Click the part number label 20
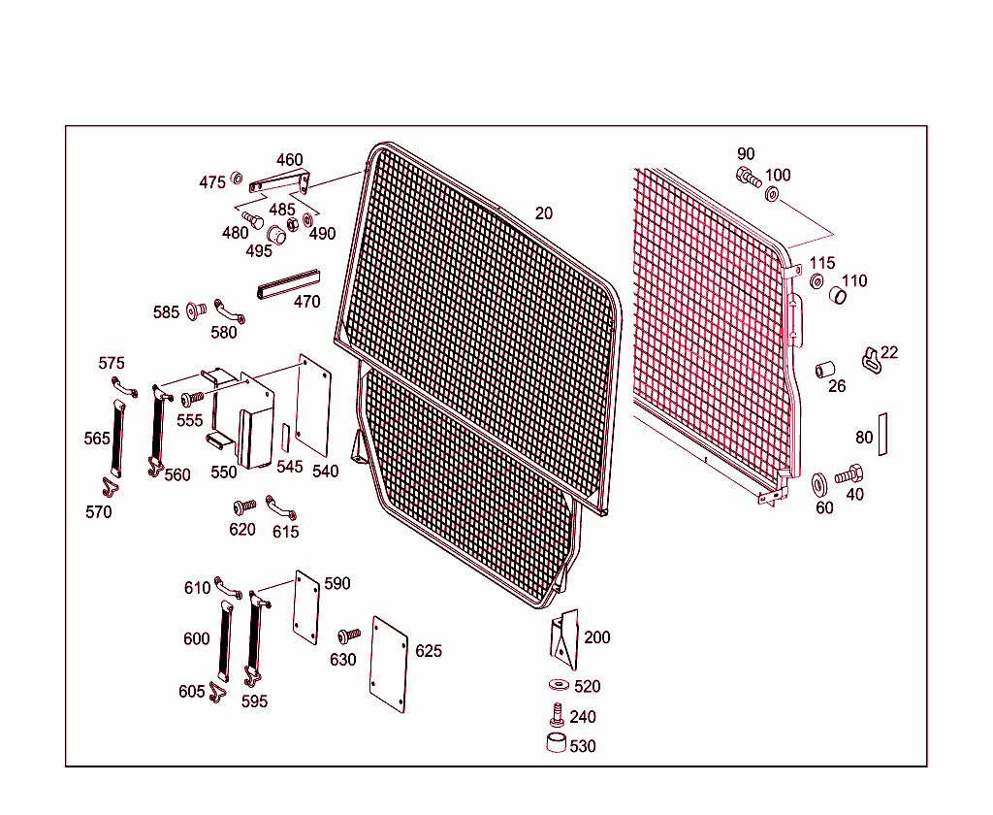[x=544, y=213]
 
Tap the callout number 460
[x=289, y=160]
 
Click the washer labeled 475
[x=236, y=180]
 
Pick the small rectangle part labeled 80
[x=883, y=433]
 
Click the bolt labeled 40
[x=849, y=475]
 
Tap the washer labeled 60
[x=819, y=482]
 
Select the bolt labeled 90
[x=748, y=176]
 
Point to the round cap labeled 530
[x=557, y=745]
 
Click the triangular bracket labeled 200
[x=564, y=637]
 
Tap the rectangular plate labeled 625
[x=391, y=664]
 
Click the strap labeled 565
[x=118, y=439]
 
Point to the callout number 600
[x=196, y=638]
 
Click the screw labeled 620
[x=242, y=506]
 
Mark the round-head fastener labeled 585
[x=193, y=310]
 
